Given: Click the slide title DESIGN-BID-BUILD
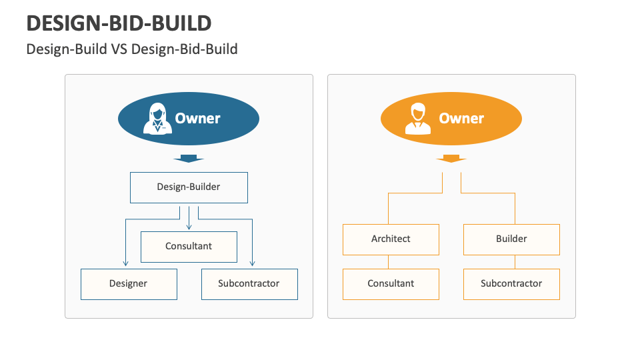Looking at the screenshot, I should [119, 23].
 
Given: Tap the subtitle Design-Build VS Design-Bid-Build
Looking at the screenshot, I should [131, 49].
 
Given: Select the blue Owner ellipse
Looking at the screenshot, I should [189, 119].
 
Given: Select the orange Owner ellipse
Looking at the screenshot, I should [451, 119].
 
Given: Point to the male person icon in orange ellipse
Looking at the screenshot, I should [418, 119].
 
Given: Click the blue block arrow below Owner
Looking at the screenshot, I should [189, 159].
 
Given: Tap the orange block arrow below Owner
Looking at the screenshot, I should [451, 159].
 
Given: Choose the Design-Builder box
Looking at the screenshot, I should [189, 187].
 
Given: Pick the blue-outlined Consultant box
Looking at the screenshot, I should [189, 247].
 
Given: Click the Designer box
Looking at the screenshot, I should [129, 284].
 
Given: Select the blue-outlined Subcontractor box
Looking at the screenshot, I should [249, 284].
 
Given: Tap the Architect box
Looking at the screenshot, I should [391, 239].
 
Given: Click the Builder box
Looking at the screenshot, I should [511, 239].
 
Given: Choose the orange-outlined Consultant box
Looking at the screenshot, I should [391, 284].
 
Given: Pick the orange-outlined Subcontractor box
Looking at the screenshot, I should [511, 284].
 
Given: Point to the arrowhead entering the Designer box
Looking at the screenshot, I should [125, 265].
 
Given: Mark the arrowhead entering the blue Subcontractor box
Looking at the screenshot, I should [253, 265].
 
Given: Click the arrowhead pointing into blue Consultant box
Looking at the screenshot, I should [189, 227].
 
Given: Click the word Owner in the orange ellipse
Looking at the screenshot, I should [461, 119].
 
